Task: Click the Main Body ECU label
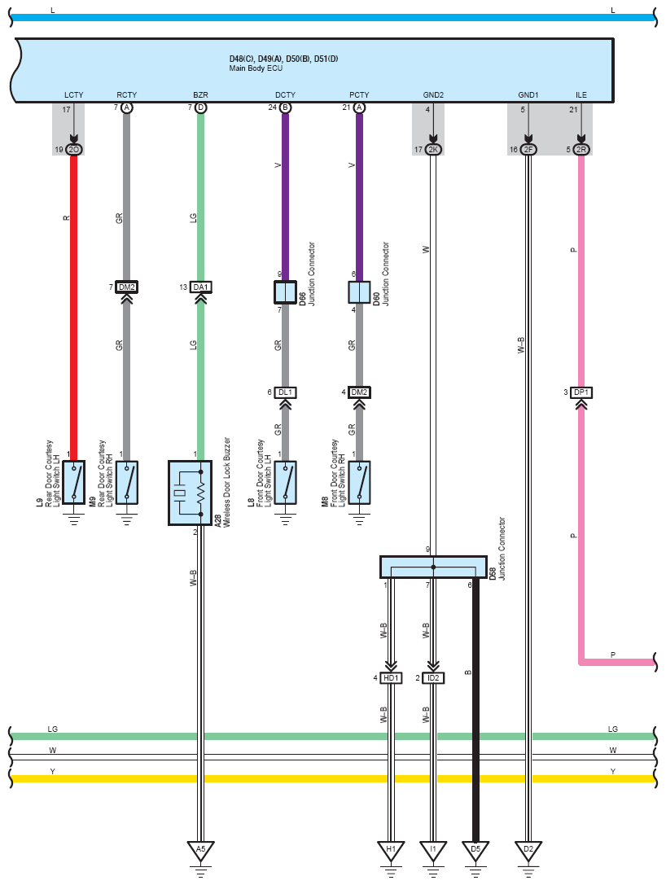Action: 256,68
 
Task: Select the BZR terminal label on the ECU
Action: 200,94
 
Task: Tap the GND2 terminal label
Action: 433,94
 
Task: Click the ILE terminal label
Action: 581,94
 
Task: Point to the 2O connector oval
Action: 73,150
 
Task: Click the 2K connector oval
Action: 433,150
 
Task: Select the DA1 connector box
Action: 200,287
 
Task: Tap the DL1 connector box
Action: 285,392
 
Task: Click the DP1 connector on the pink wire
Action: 581,392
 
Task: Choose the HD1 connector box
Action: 391,678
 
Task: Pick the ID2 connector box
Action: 433,678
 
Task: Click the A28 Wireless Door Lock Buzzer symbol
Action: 191,493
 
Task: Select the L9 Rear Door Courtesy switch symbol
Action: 73,483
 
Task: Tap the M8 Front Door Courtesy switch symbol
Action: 359,483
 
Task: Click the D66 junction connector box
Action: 285,292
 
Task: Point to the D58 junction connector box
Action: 433,567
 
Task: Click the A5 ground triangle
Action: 200,851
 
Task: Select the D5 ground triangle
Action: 475,851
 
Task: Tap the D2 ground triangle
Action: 528,851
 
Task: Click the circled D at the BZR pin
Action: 200,107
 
